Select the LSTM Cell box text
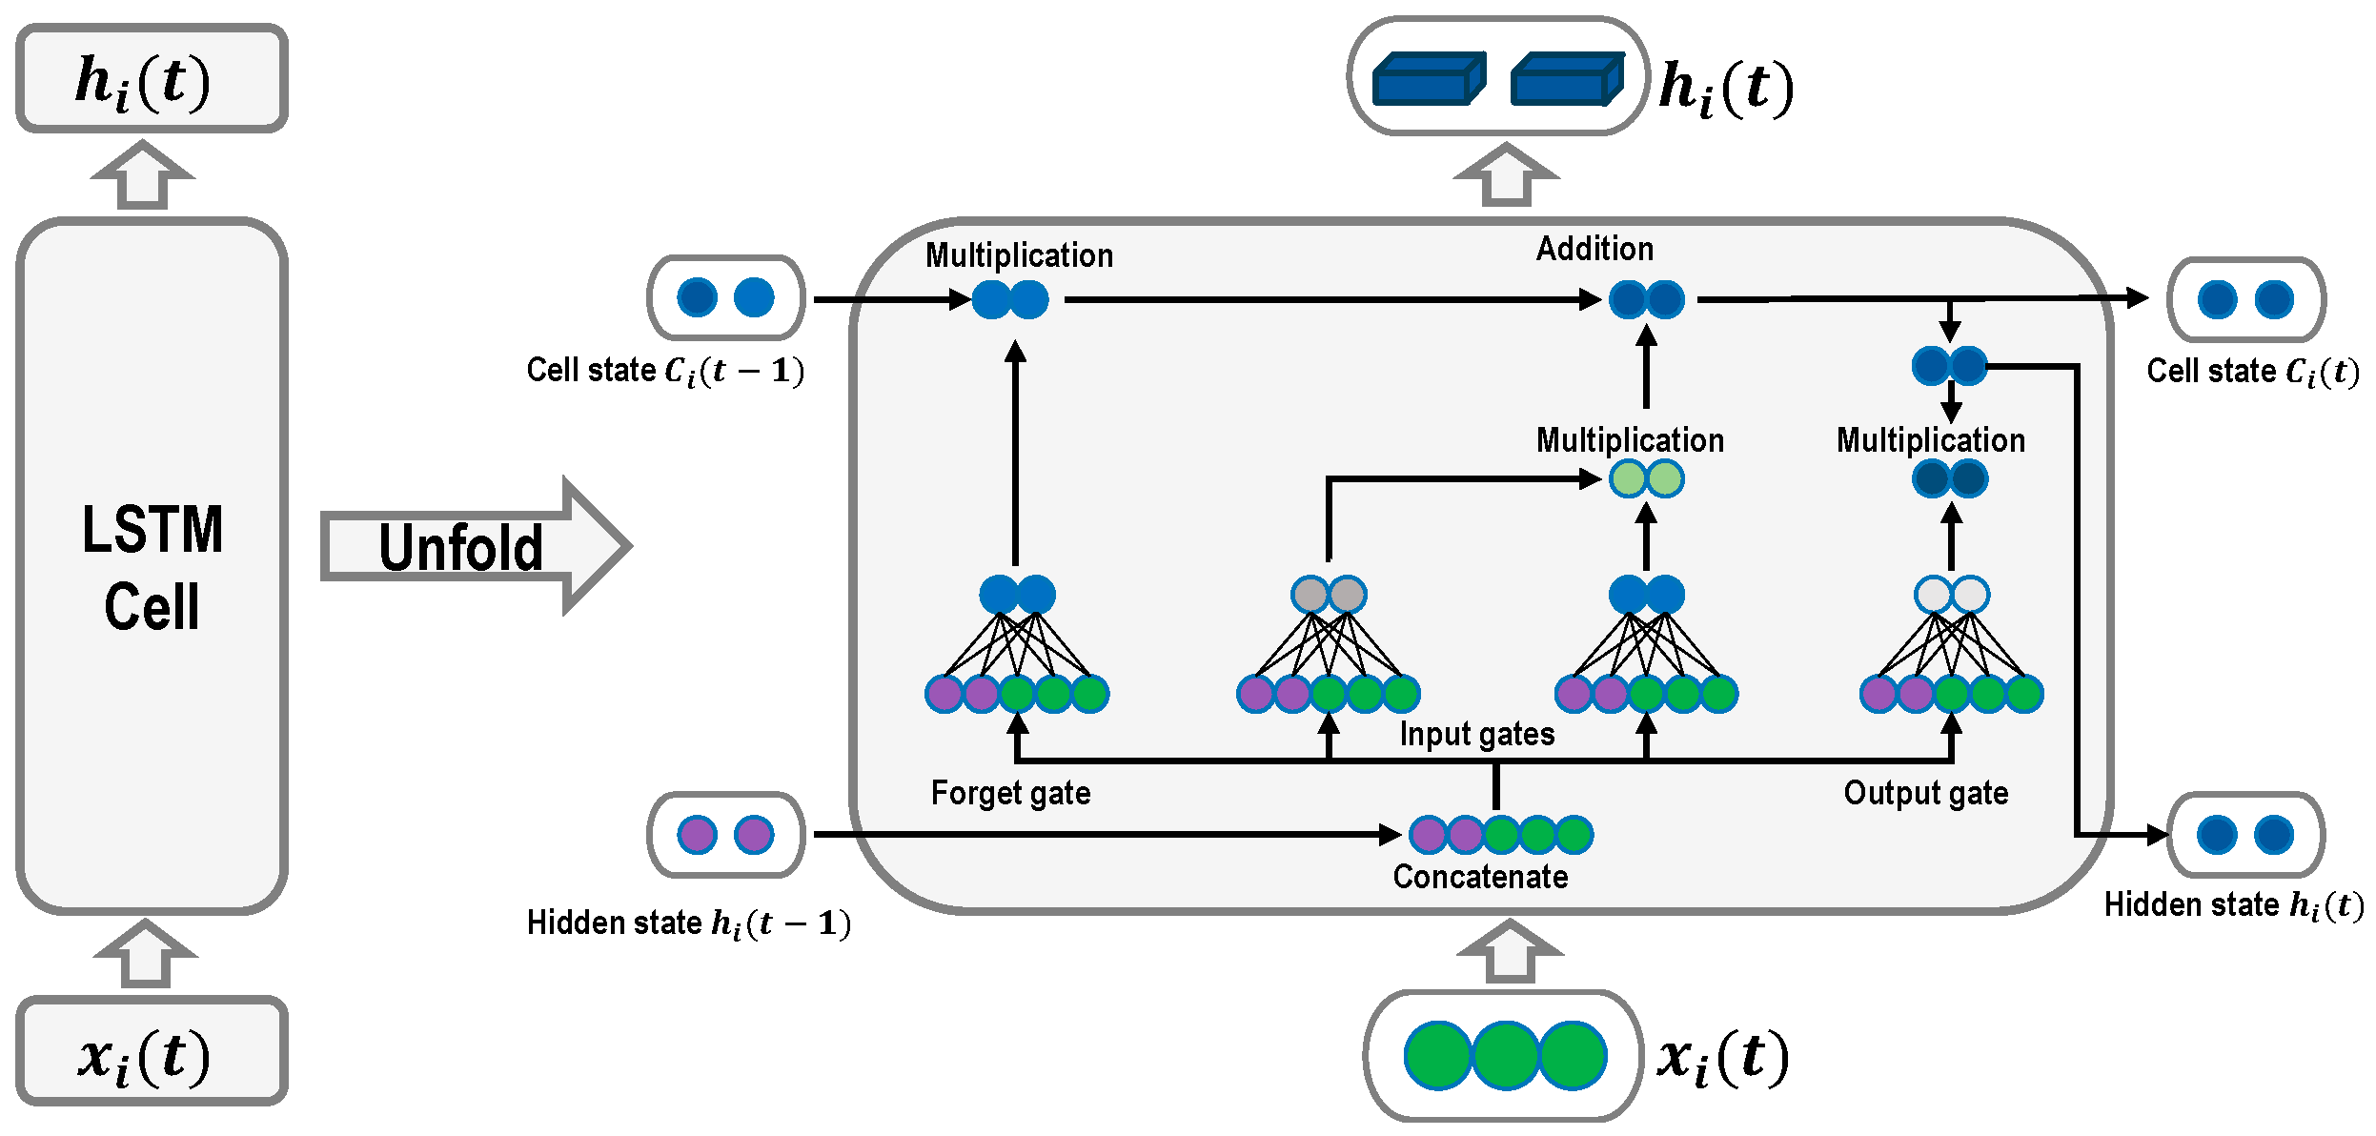click(152, 568)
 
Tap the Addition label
click(1594, 249)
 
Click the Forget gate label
click(1010, 793)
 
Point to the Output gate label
click(1925, 793)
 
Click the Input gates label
click(1476, 734)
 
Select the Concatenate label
click(1480, 877)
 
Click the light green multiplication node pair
click(1646, 478)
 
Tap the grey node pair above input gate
click(1329, 595)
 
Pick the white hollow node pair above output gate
click(1951, 595)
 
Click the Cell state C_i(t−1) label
click(665, 371)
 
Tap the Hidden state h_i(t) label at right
click(2233, 904)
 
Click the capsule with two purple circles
click(726, 835)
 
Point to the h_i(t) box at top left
click(152, 79)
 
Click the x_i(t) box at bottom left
click(152, 1052)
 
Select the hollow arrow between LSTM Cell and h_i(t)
click(143, 175)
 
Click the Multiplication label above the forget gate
click(1019, 255)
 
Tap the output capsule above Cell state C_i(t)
click(2245, 299)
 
